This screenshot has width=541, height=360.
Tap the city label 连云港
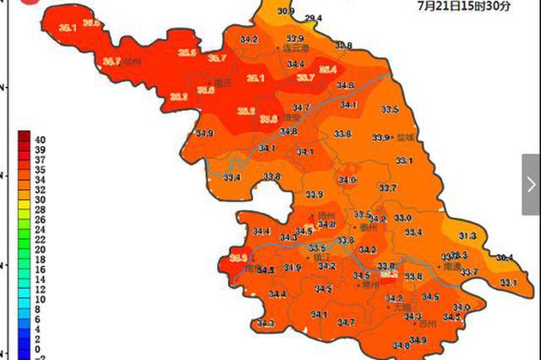point(296,50)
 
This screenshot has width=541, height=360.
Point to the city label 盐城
point(406,137)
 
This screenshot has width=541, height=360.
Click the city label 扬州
point(325,215)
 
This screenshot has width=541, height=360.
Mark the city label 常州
point(370,285)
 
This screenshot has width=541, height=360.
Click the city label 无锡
point(402,308)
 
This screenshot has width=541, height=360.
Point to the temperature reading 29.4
point(314,18)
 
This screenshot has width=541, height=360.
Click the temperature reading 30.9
point(286,11)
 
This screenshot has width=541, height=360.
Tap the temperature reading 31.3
point(467,235)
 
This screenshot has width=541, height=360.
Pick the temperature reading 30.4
point(505,258)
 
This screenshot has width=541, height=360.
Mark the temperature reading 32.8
point(342,46)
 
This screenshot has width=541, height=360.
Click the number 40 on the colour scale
point(40,138)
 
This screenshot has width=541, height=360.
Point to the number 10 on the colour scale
point(40,299)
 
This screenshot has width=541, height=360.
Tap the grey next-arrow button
point(531,183)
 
